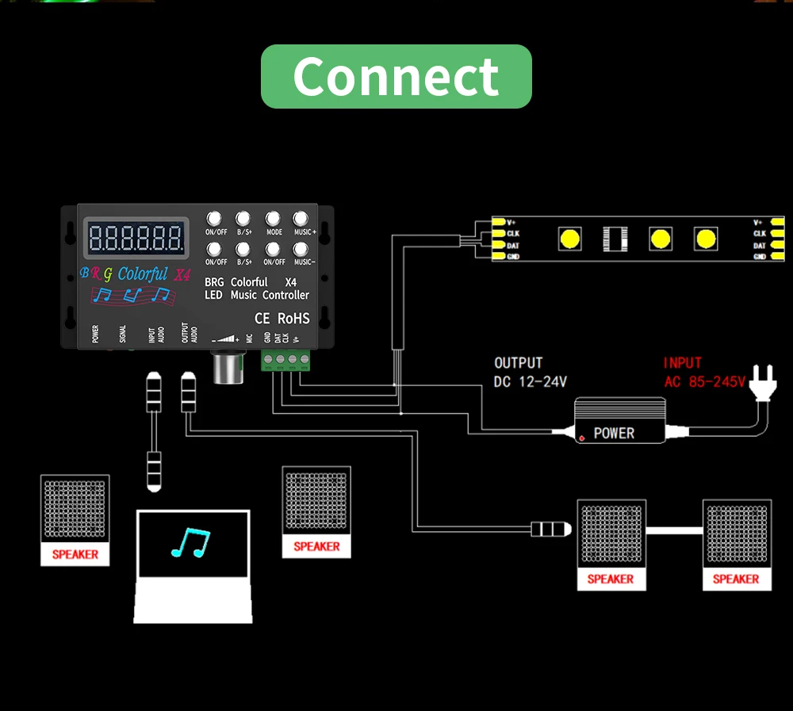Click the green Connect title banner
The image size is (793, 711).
tap(396, 76)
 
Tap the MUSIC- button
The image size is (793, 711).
tap(301, 248)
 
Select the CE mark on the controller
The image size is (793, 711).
tap(262, 319)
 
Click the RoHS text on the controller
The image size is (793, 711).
tap(293, 319)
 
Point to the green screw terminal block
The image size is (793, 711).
tap(286, 361)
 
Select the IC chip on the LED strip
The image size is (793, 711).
tap(615, 239)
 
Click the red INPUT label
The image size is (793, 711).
tap(683, 363)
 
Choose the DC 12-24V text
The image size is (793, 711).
tap(531, 382)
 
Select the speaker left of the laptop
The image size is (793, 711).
tap(75, 520)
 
